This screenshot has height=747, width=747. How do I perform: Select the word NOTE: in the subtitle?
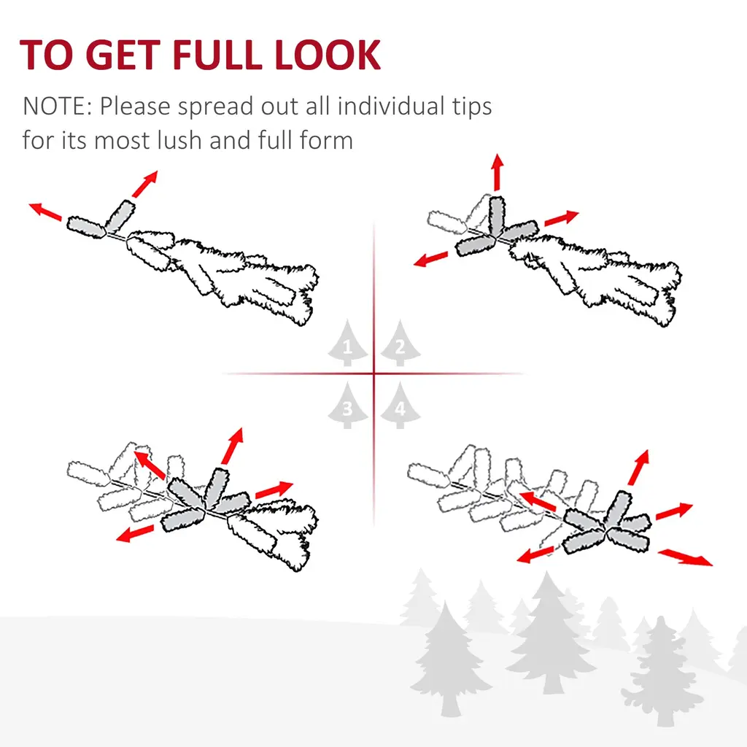pyautogui.click(x=57, y=106)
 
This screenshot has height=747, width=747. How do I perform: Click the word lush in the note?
pyautogui.click(x=180, y=140)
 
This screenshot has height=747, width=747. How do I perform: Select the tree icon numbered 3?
pyautogui.click(x=348, y=405)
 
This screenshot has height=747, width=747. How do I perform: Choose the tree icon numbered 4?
pyautogui.click(x=400, y=405)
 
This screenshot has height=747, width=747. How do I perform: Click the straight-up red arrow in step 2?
pyautogui.click(x=498, y=172)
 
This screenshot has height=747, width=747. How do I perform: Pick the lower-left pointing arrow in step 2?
pyautogui.click(x=430, y=259)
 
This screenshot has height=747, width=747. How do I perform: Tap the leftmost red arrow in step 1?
pyautogui.click(x=45, y=212)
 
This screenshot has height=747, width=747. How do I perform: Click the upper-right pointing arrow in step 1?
pyautogui.click(x=145, y=184)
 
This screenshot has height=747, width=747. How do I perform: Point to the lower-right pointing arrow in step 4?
pyautogui.click(x=685, y=557)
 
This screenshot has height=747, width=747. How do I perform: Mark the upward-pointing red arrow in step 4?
pyautogui.click(x=638, y=468)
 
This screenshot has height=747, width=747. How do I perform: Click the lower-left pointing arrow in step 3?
pyautogui.click(x=135, y=533)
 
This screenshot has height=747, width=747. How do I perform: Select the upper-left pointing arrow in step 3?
pyautogui.click(x=150, y=465)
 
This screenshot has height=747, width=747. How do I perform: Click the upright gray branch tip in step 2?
pyautogui.click(x=497, y=216)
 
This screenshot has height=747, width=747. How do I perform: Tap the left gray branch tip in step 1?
pyautogui.click(x=86, y=227)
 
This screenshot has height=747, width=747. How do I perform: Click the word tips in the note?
pyautogui.click(x=472, y=107)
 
